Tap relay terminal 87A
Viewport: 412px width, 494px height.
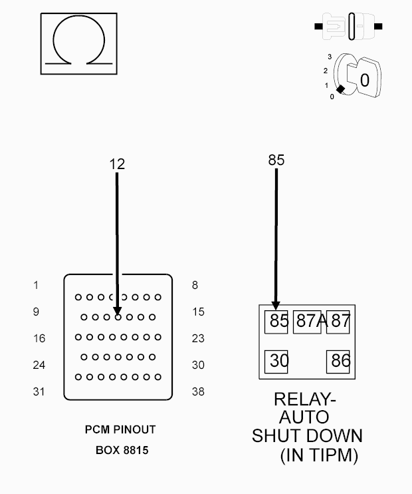click(307, 322)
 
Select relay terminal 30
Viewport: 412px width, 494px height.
click(276, 362)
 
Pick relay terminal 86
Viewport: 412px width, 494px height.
click(338, 362)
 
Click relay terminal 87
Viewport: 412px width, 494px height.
click(338, 322)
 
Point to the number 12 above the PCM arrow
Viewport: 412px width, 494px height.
click(117, 164)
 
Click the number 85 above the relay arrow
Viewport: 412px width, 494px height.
click(276, 160)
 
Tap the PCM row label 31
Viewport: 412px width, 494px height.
click(39, 391)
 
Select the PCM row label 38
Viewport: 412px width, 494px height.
click(198, 391)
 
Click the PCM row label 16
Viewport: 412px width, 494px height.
click(39, 338)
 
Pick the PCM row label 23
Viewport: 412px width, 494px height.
click(198, 338)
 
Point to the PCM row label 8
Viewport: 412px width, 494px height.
click(195, 285)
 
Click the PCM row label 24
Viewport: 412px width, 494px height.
click(39, 365)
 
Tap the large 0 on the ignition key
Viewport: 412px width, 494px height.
click(365, 81)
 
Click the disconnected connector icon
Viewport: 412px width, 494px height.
click(348, 27)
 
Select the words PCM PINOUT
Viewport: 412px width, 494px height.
click(120, 429)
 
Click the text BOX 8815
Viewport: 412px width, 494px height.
click(122, 451)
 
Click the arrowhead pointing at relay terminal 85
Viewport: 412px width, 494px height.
click(276, 306)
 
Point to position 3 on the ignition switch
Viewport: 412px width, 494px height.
click(330, 57)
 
